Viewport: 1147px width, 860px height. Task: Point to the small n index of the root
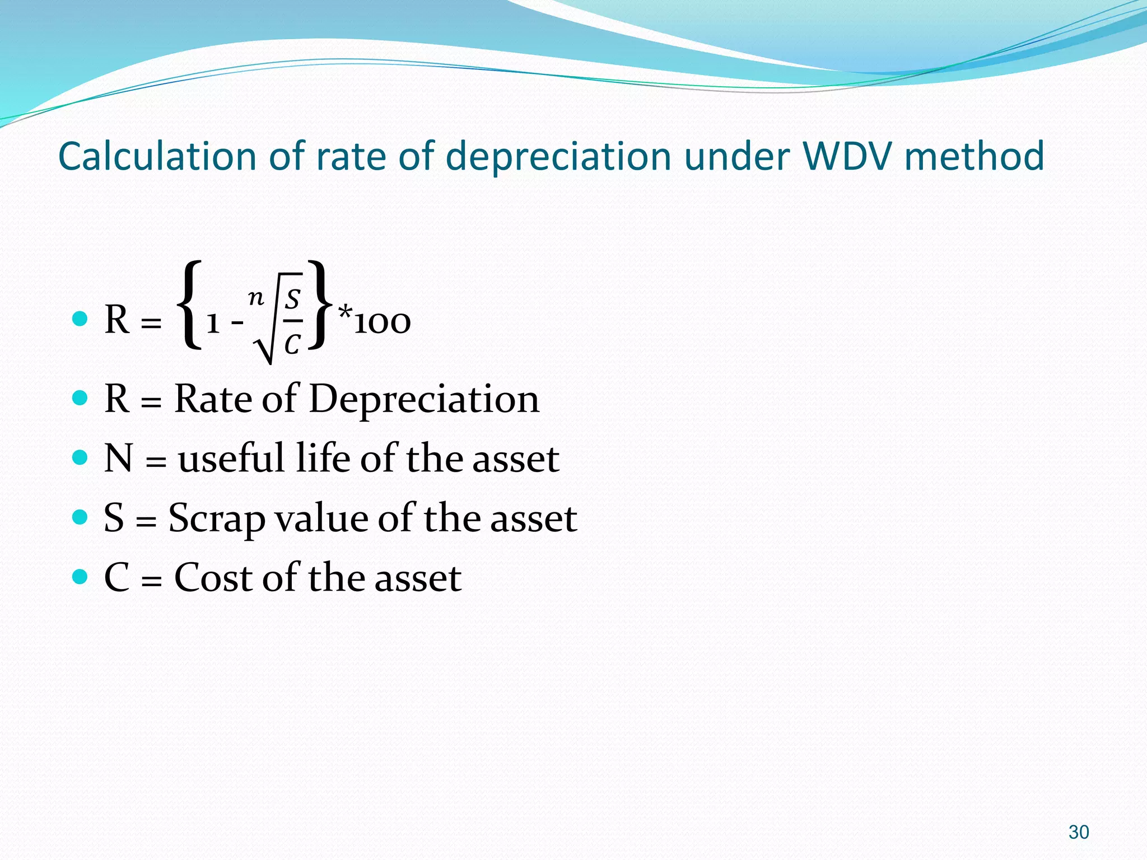click(256, 297)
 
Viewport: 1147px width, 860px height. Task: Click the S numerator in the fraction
click(292, 300)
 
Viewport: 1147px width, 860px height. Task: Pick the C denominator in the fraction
click(292, 344)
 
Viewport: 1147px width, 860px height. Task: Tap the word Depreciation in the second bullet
click(424, 399)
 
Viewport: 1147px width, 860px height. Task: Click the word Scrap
click(216, 518)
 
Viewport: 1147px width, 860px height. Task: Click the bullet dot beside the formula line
click(81, 319)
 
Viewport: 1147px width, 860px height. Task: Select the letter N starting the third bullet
click(118, 459)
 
